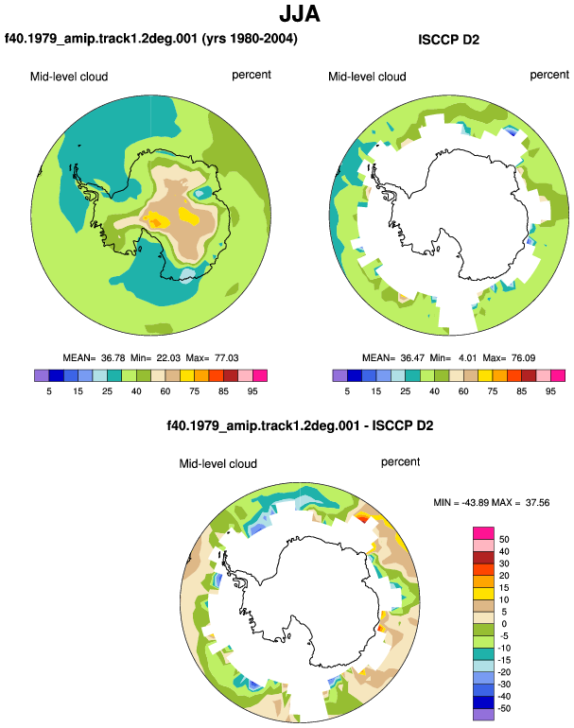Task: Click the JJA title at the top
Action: (x=300, y=13)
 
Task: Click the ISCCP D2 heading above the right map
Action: (x=448, y=40)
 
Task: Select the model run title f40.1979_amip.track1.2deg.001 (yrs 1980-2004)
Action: (x=151, y=39)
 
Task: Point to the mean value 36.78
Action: (x=113, y=358)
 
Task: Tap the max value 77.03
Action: (x=227, y=358)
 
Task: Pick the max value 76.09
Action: (x=523, y=358)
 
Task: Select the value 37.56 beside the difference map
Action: (x=537, y=502)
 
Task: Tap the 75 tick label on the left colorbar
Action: (x=194, y=391)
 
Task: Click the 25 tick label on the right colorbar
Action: (x=405, y=391)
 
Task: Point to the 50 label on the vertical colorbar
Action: (x=504, y=540)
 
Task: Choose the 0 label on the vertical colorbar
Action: (x=504, y=624)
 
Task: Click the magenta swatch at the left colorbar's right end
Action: (x=260, y=375)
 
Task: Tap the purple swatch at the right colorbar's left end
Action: (x=339, y=375)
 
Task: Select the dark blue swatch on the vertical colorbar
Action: (x=483, y=702)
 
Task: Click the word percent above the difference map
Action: (x=400, y=462)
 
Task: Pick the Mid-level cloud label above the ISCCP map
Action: (x=367, y=77)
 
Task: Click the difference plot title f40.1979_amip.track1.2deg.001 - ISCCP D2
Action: (x=300, y=425)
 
